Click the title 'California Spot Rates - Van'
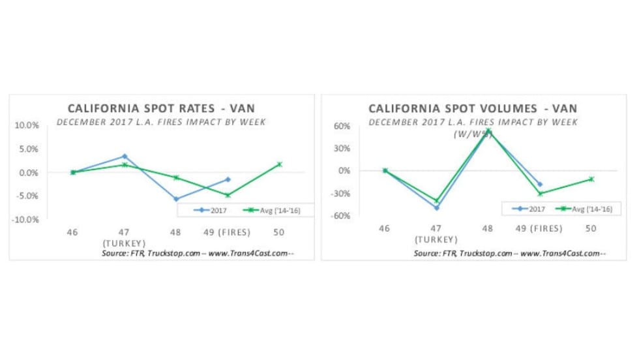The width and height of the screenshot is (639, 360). tap(162, 109)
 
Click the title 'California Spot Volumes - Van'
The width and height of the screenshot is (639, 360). tap(473, 109)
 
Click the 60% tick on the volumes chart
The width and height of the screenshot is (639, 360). tap(343, 126)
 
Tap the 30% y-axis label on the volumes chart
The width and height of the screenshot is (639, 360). tap(343, 148)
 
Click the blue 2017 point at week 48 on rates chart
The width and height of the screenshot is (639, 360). tap(176, 199)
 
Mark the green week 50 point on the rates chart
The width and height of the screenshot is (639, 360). tap(279, 164)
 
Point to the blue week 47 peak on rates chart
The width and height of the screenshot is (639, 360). tap(125, 157)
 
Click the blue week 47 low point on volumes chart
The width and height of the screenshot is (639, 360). tap(436, 207)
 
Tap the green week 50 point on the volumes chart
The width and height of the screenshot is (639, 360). tap(591, 179)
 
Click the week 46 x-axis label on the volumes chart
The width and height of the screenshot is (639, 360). tap(385, 228)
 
